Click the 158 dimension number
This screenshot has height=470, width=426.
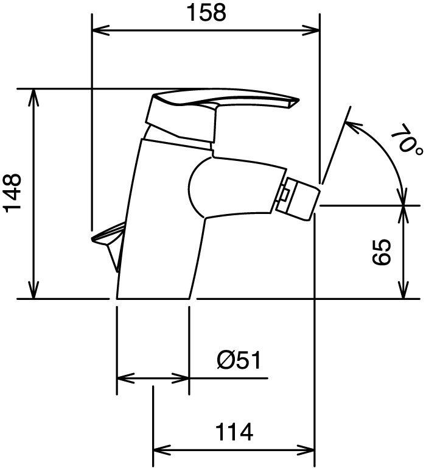206,13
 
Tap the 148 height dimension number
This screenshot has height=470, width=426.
13,193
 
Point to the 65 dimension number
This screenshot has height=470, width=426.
381,252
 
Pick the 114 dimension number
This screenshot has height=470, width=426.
234,432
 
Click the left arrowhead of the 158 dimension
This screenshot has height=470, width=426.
100,30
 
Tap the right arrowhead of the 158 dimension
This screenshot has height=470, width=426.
311,30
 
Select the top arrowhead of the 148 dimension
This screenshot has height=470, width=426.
33,98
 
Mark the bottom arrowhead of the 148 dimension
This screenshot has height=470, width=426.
33,290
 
